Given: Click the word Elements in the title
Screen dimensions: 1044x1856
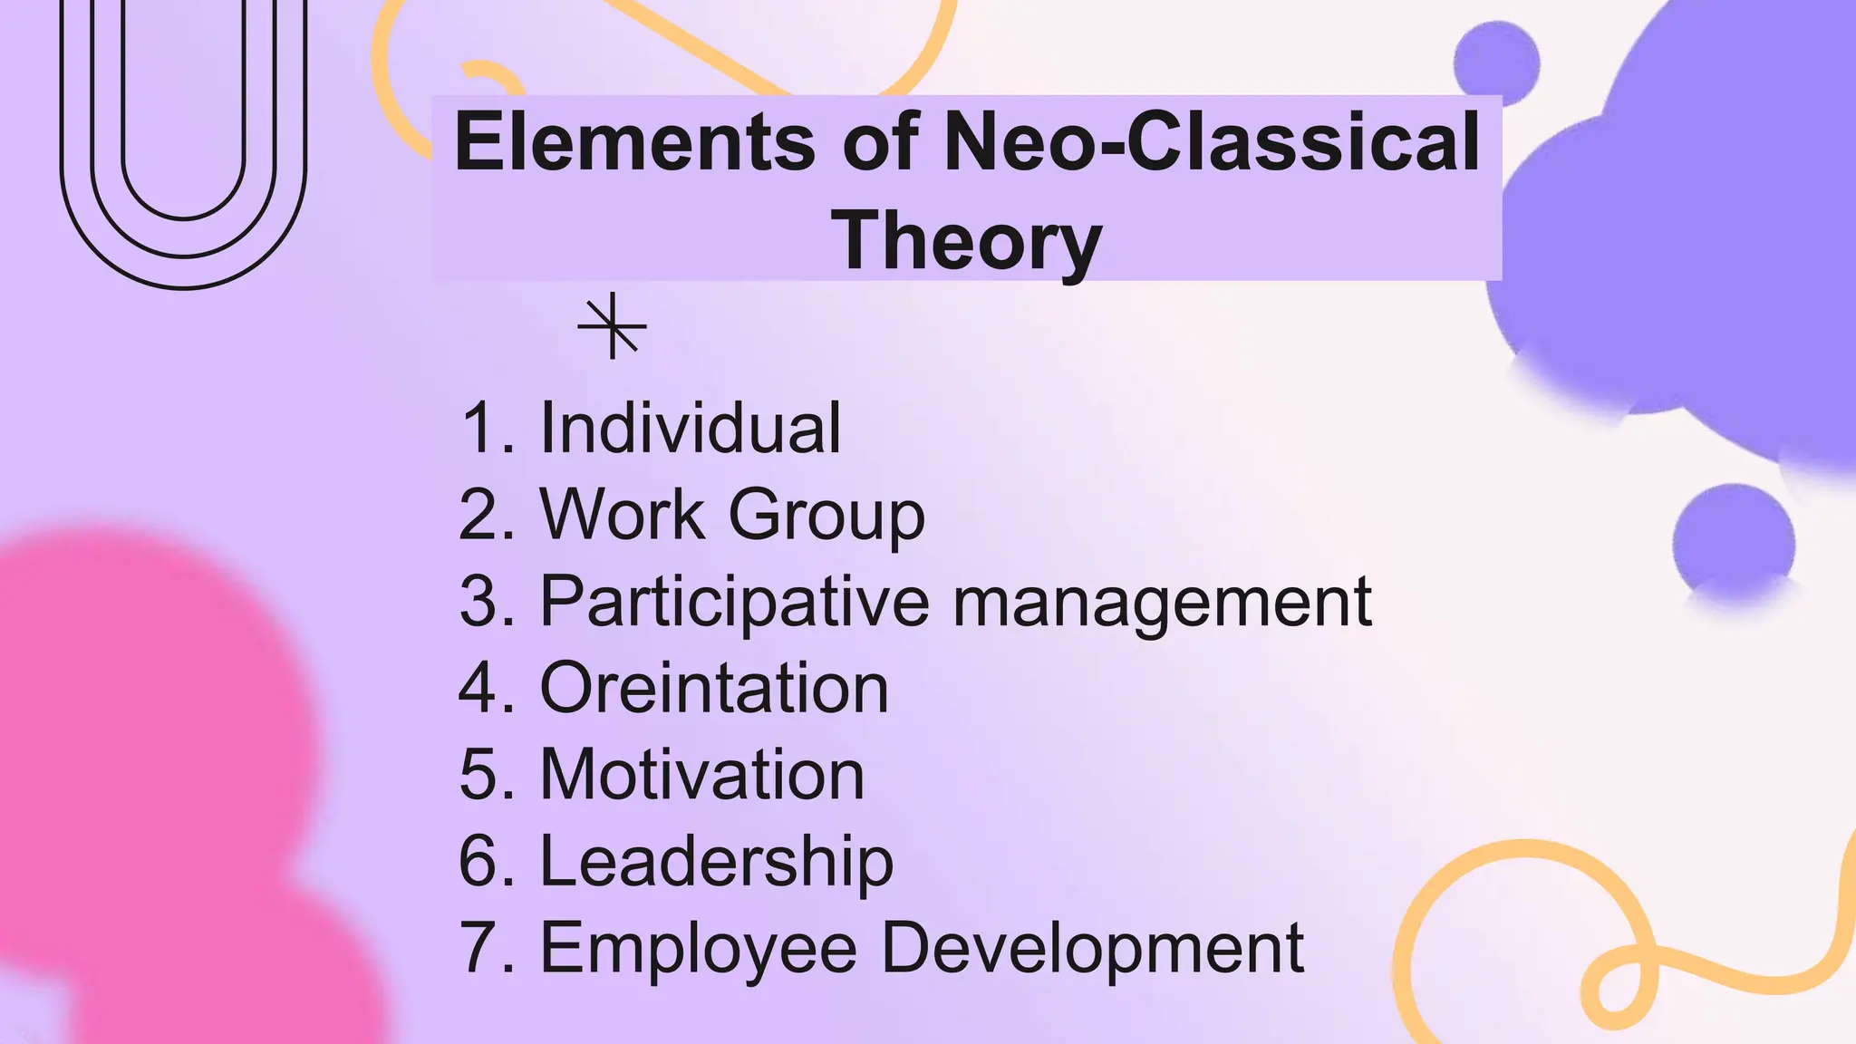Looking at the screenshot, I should (x=634, y=142).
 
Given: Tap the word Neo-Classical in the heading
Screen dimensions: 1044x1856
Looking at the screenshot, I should (x=1213, y=142).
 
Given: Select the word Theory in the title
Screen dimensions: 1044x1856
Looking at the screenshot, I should (x=966, y=241).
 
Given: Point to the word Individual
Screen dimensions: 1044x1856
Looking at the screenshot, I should (x=691, y=428).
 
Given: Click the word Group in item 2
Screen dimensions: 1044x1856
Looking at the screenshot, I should (x=826, y=515).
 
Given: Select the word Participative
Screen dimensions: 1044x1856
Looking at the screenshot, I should (x=735, y=602).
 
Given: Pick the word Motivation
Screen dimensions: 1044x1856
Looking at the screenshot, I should (x=702, y=776).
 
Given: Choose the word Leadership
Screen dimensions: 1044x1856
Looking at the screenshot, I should (x=717, y=862).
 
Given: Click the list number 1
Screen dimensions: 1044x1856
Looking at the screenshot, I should (x=481, y=428).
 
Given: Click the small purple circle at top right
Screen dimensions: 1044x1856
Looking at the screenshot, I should (x=1496, y=62).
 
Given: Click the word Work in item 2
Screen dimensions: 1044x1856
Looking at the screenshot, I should (x=622, y=515).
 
